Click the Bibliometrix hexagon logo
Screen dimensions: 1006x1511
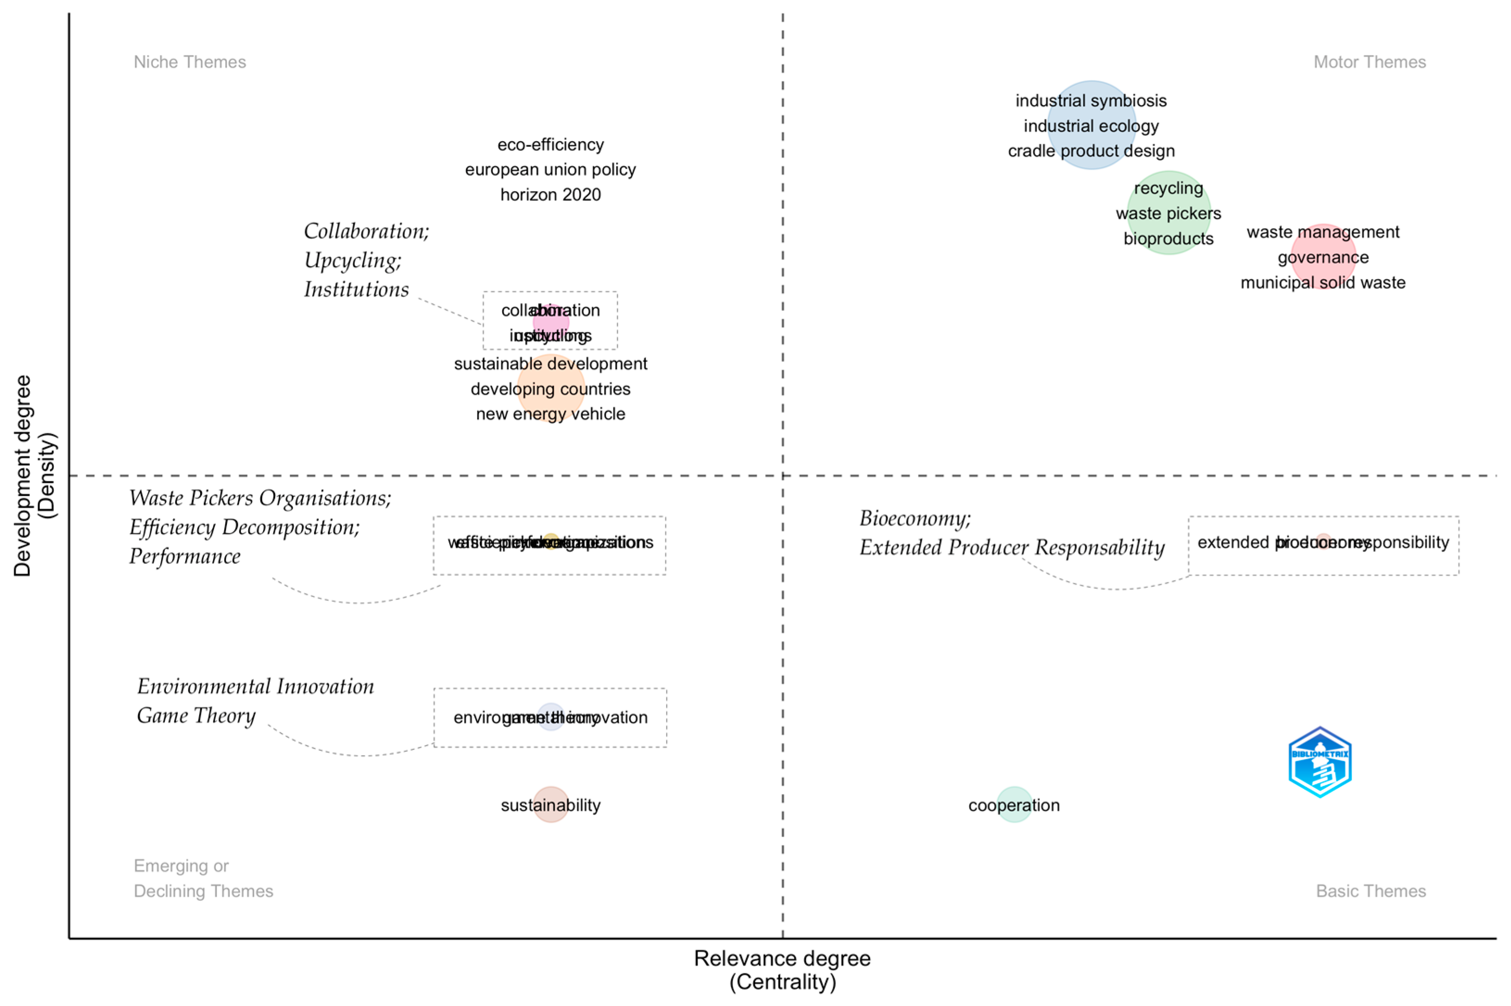click(x=1319, y=762)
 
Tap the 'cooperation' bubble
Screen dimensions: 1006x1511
click(x=1014, y=805)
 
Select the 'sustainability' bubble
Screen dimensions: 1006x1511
click(x=550, y=805)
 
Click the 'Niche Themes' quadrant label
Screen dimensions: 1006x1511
click(x=189, y=62)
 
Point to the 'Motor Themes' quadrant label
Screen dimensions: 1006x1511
click(x=1369, y=62)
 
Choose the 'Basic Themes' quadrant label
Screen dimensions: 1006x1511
click(x=1371, y=891)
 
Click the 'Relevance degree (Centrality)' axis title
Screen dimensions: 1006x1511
click(x=782, y=969)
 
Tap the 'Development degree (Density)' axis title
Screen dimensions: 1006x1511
click(x=34, y=475)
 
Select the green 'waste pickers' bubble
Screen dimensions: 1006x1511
click(x=1168, y=213)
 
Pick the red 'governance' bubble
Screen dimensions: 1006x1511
click(x=1322, y=257)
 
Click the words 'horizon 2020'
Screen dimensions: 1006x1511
click(x=550, y=194)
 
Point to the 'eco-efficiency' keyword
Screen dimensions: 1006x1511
click(x=550, y=145)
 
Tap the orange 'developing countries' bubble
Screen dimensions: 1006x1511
click(x=550, y=389)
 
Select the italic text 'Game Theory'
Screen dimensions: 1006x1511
click(x=196, y=715)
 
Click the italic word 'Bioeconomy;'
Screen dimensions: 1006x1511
click(x=915, y=518)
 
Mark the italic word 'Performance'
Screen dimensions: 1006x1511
click(x=185, y=556)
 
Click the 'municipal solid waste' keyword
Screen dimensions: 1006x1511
click(x=1322, y=283)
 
